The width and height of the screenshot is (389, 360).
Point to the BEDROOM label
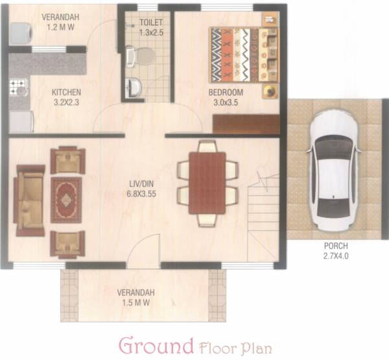(226, 91)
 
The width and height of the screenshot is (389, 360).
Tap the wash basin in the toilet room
(134, 87)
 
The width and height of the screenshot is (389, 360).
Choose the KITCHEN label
(66, 92)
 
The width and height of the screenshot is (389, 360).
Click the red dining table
(207, 182)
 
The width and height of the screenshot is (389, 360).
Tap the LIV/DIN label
(142, 183)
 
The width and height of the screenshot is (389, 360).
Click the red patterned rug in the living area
(66, 199)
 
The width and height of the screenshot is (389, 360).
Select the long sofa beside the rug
(30, 200)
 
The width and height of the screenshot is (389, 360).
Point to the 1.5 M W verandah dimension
(136, 302)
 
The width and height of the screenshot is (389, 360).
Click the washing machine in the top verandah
(20, 33)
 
